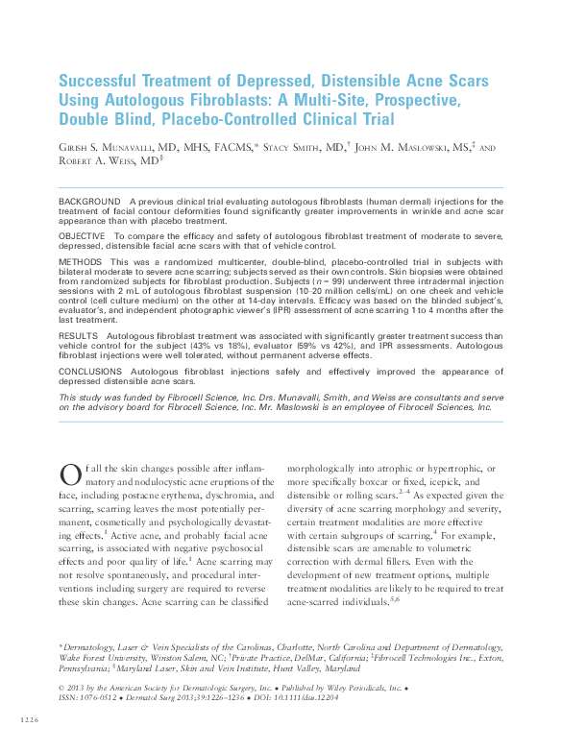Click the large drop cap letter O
pos(68,473)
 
